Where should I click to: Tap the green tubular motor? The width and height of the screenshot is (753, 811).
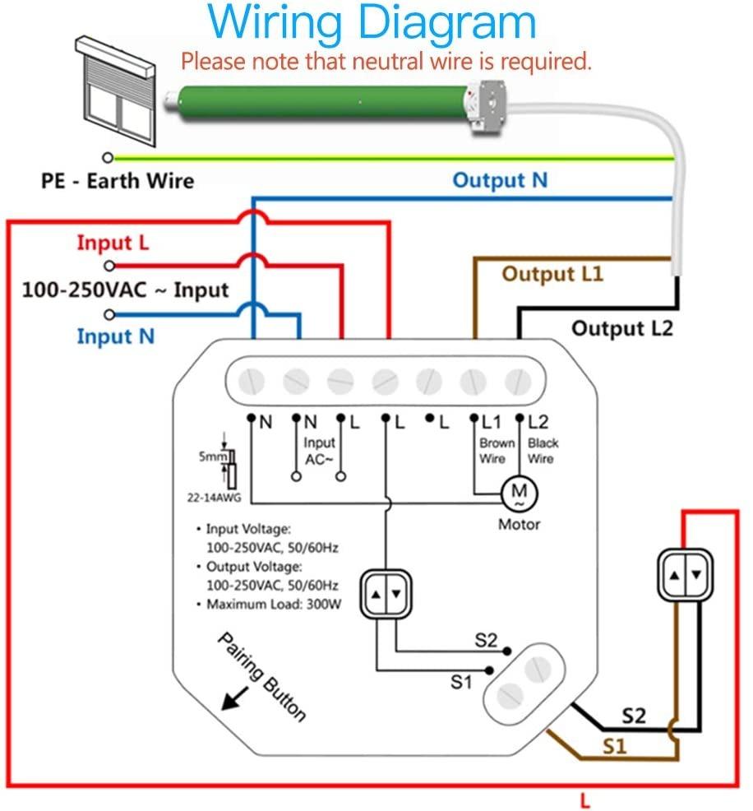point(321,104)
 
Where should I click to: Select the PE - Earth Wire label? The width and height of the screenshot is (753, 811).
point(118,180)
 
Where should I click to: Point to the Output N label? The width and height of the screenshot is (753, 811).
point(500,180)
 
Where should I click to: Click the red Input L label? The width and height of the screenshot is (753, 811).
point(115,243)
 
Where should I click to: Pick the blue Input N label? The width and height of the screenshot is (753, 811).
point(116,336)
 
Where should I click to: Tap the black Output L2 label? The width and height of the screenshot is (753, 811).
point(621,328)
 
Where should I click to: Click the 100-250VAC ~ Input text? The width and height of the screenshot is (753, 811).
point(125,290)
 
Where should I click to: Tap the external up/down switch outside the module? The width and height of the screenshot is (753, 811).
point(684,574)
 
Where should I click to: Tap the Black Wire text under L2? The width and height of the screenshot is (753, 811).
point(541,450)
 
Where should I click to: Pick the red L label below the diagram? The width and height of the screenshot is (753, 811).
point(584,799)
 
